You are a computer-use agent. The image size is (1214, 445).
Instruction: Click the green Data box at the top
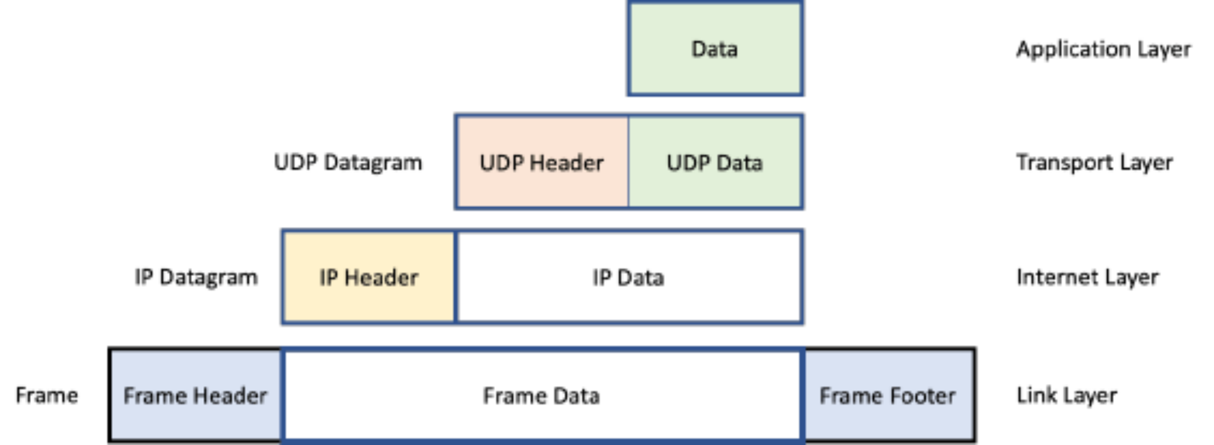715,49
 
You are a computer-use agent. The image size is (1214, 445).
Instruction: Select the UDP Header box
542,163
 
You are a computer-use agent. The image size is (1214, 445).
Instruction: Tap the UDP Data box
715,163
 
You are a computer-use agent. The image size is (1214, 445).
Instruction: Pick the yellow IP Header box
369,277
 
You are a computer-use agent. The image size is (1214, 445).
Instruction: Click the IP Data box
628,277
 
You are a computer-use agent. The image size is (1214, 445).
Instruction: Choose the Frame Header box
195,396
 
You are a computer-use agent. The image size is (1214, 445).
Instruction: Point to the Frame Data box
542,396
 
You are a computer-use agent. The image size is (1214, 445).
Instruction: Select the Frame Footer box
888,396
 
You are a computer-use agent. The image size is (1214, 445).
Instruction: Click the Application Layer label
1104,49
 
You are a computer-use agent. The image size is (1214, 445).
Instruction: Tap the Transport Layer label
1094,163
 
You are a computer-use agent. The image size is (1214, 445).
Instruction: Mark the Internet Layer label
1087,277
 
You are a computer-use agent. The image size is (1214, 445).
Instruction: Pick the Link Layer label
1066,396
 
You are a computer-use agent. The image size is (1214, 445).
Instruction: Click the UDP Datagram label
348,163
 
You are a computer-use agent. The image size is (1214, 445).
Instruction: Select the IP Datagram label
196,277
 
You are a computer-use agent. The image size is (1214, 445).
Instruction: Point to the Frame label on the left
47,396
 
